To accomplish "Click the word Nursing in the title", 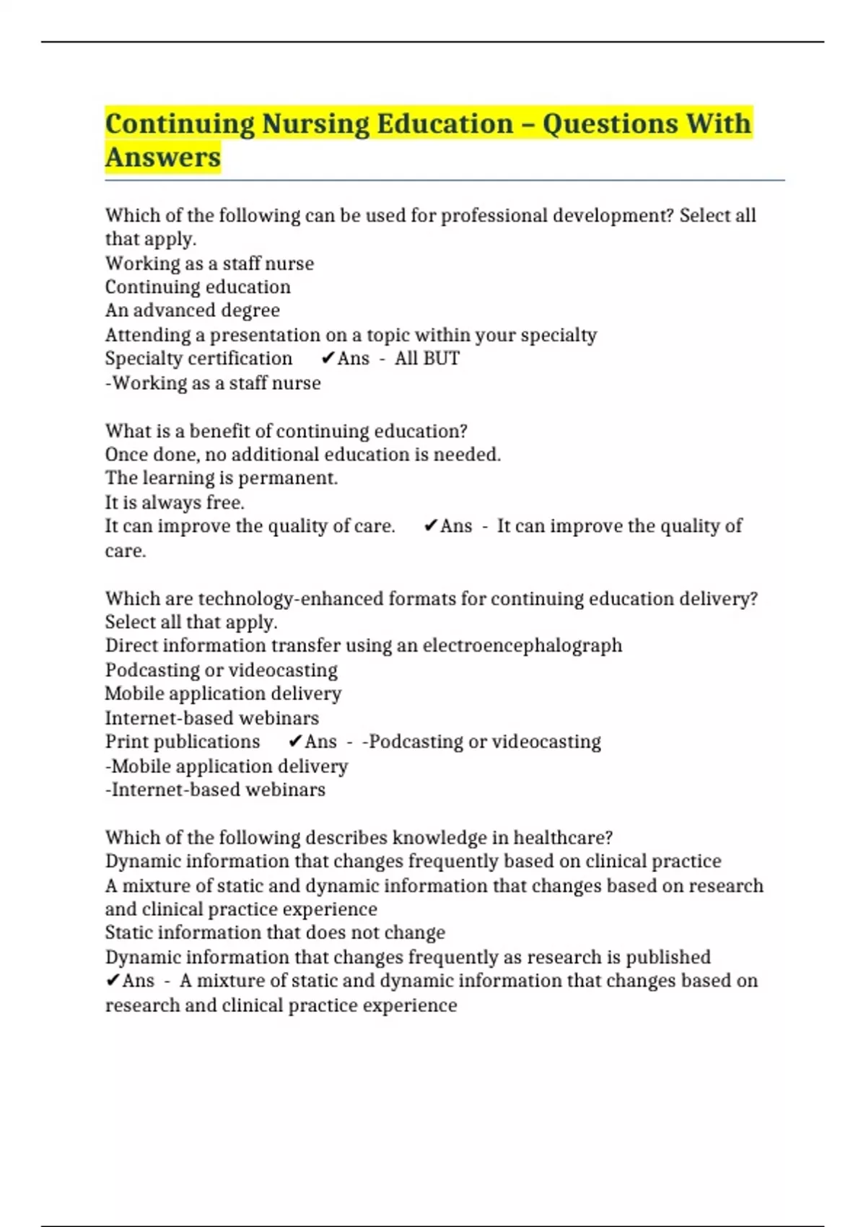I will pyautogui.click(x=315, y=123).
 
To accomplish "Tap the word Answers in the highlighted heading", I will pyautogui.click(x=163, y=157).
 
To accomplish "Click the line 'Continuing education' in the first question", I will pyautogui.click(x=198, y=287).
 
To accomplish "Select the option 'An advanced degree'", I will pyautogui.click(x=193, y=311).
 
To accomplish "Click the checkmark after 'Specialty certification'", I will pyautogui.click(x=328, y=359).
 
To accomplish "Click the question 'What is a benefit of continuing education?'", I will pyautogui.click(x=286, y=431).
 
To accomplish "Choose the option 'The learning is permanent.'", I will pyautogui.click(x=222, y=479).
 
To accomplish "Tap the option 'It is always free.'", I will pyautogui.click(x=175, y=502).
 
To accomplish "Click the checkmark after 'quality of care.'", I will pyautogui.click(x=431, y=526).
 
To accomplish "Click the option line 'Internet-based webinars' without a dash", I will pyautogui.click(x=211, y=718).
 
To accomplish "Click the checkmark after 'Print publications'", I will pyautogui.click(x=295, y=742).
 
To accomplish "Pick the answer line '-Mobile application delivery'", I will pyautogui.click(x=227, y=766).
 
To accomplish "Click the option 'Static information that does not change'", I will pyautogui.click(x=275, y=933).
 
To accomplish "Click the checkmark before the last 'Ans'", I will pyautogui.click(x=113, y=981).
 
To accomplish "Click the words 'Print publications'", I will pyautogui.click(x=183, y=742).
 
